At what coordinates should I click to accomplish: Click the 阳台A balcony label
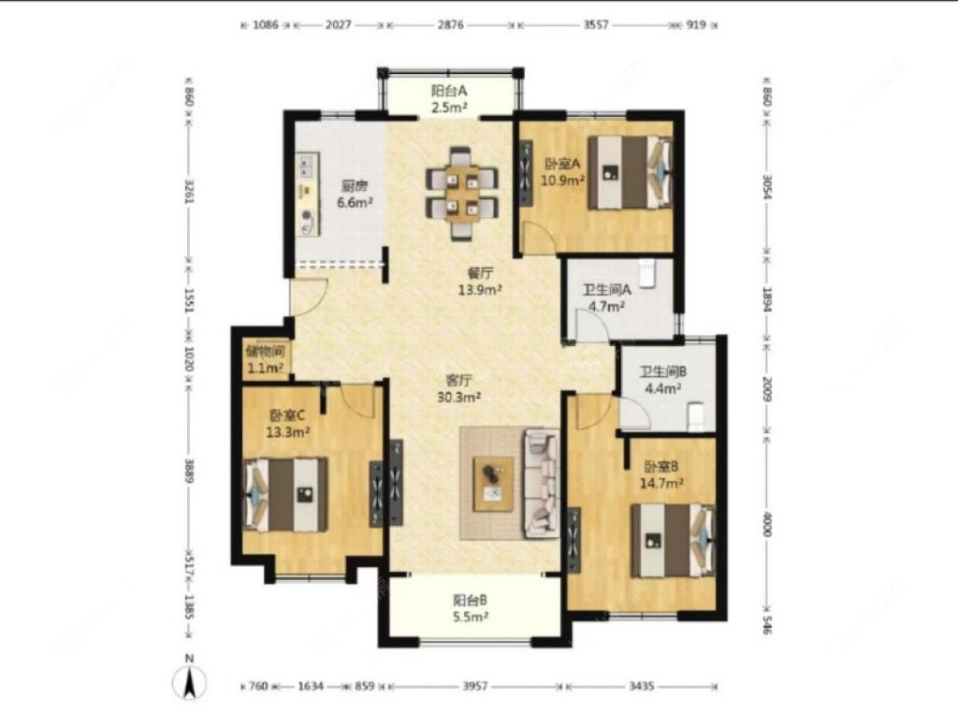pos(449,91)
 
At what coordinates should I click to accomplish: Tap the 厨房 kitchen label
pos(355,185)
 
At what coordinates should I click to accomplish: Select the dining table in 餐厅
pos(462,193)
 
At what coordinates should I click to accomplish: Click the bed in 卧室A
pos(631,173)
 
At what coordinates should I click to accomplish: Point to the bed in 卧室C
pos(285,494)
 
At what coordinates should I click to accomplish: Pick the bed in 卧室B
pos(674,540)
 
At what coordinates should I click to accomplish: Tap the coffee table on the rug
pos(494,483)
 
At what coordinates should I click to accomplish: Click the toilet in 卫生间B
pos(697,416)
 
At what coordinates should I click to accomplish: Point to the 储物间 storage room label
pos(265,351)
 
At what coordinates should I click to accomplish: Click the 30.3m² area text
pos(458,398)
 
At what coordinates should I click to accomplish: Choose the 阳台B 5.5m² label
pos(471,608)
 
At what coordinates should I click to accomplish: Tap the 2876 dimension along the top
pos(450,25)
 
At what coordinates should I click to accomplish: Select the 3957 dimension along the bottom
pos(474,686)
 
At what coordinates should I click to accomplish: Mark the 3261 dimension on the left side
pos(189,192)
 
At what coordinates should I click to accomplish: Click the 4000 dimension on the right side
pos(767,524)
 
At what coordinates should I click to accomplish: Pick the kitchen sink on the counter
pos(306,166)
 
